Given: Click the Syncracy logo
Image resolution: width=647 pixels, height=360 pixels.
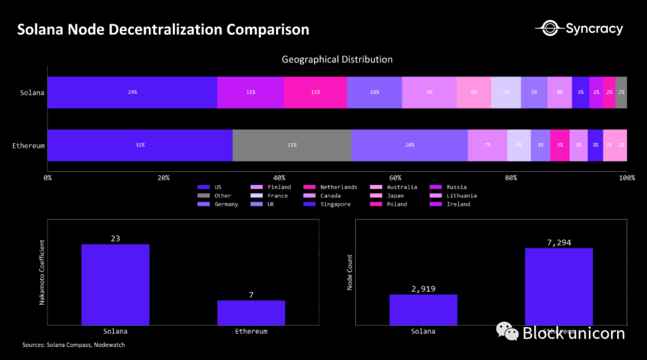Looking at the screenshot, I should click(579, 28).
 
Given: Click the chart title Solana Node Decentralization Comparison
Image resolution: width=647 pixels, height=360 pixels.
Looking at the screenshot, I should click(163, 29).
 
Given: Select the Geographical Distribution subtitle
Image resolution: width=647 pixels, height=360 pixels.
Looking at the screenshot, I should click(337, 59).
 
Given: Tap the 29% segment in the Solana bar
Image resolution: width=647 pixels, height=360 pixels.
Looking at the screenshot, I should click(132, 92).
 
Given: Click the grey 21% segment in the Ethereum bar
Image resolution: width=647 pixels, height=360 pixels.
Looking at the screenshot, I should click(292, 145).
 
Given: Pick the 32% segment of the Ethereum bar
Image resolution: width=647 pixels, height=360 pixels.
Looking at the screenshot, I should click(140, 145).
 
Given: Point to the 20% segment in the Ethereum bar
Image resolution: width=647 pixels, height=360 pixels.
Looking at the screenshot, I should click(409, 145).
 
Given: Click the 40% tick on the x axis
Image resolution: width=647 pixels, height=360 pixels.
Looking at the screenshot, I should click(279, 178).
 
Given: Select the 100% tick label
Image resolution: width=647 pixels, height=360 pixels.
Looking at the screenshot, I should click(627, 178).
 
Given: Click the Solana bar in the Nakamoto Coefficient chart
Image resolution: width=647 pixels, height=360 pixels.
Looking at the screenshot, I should click(115, 285).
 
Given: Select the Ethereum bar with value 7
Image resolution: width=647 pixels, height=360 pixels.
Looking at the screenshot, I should click(251, 312).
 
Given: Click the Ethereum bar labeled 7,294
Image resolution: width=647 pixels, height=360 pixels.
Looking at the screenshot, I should click(559, 286).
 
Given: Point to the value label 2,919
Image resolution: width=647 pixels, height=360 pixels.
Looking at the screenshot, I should click(423, 289).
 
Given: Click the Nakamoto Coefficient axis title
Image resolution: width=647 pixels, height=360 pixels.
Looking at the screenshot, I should click(43, 273).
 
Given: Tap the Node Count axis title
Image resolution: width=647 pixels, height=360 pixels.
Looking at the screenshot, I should click(350, 273).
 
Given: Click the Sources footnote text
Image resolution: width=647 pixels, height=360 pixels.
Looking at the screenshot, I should click(74, 345).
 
